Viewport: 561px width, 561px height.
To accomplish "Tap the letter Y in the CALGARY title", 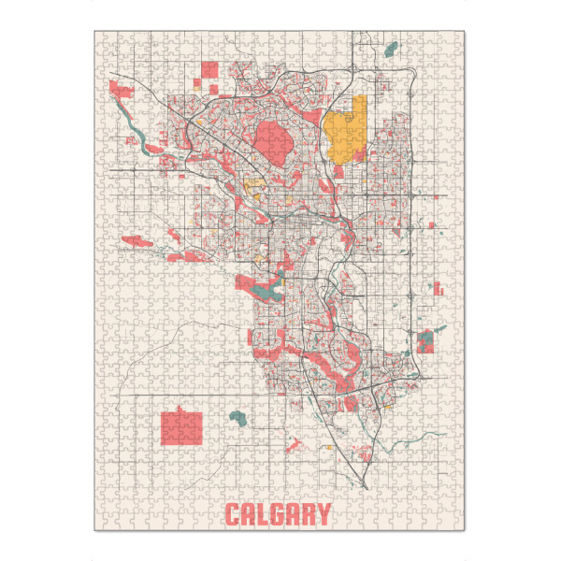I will pyautogui.click(x=323, y=514).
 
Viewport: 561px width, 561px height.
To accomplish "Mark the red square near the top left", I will pyautogui.click(x=210, y=69).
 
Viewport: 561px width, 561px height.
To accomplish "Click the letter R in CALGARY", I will pyautogui.click(x=307, y=514).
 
